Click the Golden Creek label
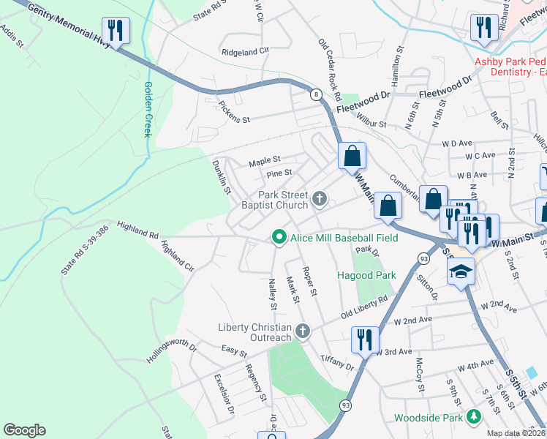148,110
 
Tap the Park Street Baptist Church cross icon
320,198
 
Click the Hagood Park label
366,275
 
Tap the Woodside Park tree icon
475,417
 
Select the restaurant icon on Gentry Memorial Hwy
116,31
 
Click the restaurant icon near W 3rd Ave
363,339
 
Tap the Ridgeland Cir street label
246,52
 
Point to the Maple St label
264,160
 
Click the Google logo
24,430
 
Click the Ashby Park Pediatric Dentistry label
510,67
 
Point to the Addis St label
13,37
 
